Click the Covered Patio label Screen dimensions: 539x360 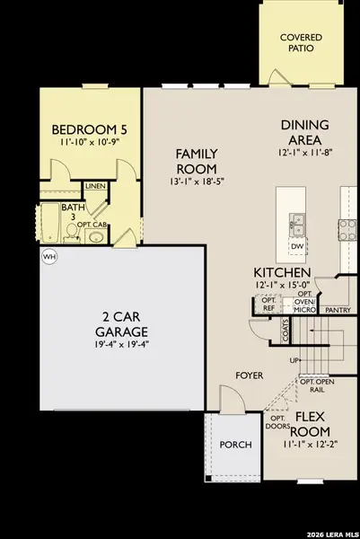(x=302, y=44)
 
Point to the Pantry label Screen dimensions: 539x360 (x=338, y=309)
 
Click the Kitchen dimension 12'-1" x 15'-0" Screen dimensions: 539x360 (x=282, y=285)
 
